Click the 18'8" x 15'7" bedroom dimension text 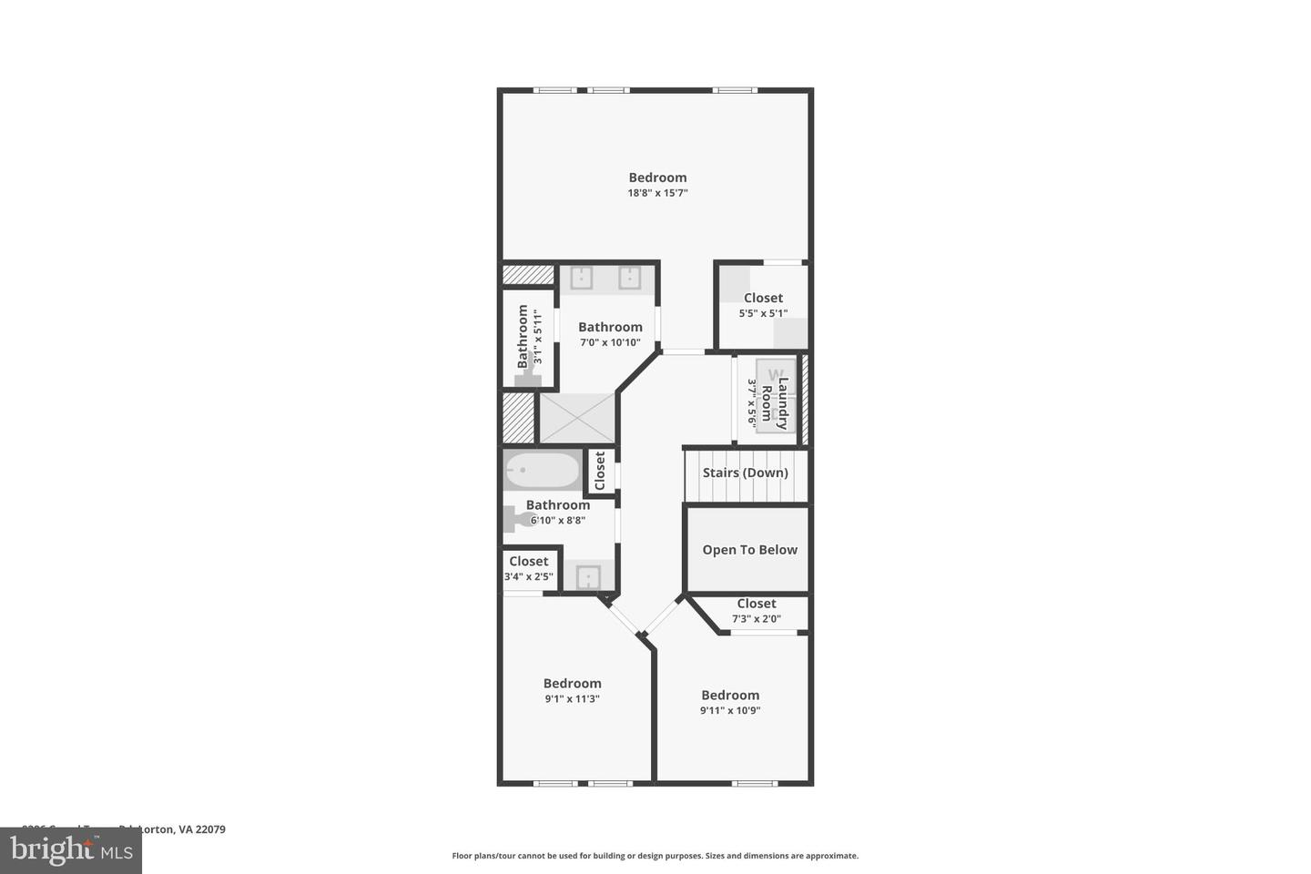[x=657, y=193]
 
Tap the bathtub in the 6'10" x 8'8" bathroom [x=542, y=472]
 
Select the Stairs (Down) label [x=745, y=473]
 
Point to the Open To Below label [x=749, y=550]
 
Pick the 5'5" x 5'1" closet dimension [x=763, y=313]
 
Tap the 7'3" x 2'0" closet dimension [x=756, y=619]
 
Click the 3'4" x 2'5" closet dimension [x=528, y=576]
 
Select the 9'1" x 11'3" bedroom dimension [x=572, y=699]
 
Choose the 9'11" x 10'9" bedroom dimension [x=729, y=710]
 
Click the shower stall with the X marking [x=577, y=418]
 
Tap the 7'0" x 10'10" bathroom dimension [x=610, y=343]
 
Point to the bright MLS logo [x=70, y=850]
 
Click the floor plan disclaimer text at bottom [x=655, y=856]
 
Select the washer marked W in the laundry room [x=776, y=374]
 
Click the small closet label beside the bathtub [x=599, y=472]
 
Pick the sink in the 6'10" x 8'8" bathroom [x=588, y=577]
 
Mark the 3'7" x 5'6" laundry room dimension [x=752, y=402]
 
